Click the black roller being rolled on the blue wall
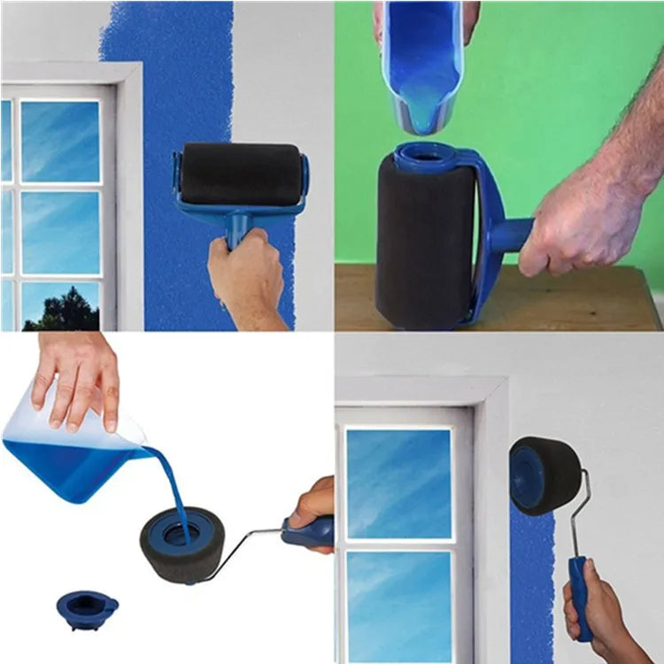(x=241, y=174)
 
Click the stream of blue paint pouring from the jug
(x=173, y=487)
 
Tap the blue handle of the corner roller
(x=581, y=598)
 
